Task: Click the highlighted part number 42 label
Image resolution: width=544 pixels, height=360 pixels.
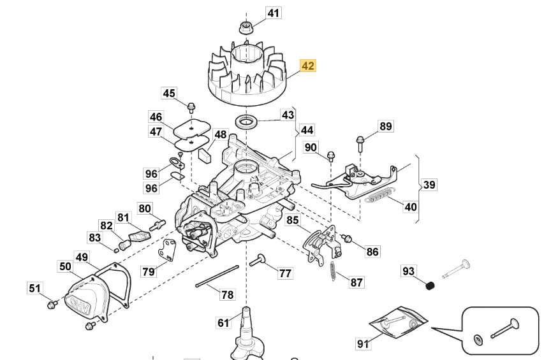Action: (308, 66)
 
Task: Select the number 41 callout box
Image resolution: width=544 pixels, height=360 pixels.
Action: (273, 13)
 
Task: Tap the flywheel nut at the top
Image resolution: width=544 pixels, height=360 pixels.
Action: (246, 27)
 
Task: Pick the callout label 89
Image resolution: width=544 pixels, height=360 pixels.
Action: (385, 126)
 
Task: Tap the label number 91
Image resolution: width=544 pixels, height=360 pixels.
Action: (363, 344)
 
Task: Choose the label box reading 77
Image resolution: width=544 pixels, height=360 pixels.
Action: (285, 273)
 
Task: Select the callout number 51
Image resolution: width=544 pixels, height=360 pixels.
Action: (34, 288)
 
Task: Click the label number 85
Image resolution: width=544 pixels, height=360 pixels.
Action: (291, 220)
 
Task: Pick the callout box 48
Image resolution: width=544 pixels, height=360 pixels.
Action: (220, 134)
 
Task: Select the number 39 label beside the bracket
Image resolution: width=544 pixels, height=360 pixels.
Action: (429, 185)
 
